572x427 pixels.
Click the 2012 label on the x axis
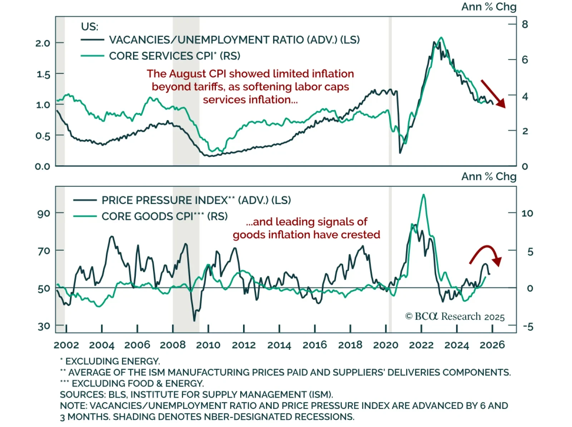(243, 345)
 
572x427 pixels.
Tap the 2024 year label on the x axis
(457, 345)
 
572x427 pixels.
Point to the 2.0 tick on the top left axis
(43, 43)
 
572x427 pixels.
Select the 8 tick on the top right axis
(525, 24)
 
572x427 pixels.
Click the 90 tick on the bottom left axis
(44, 214)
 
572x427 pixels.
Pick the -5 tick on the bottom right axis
(528, 327)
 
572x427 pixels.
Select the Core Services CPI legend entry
(174, 56)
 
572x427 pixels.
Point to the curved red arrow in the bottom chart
(486, 254)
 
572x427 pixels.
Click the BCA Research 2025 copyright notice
(455, 317)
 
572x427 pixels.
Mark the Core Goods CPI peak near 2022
(424, 195)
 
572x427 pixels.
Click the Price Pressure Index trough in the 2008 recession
(194, 320)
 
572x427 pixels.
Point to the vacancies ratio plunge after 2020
(400, 153)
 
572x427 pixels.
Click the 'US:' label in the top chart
(89, 27)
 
